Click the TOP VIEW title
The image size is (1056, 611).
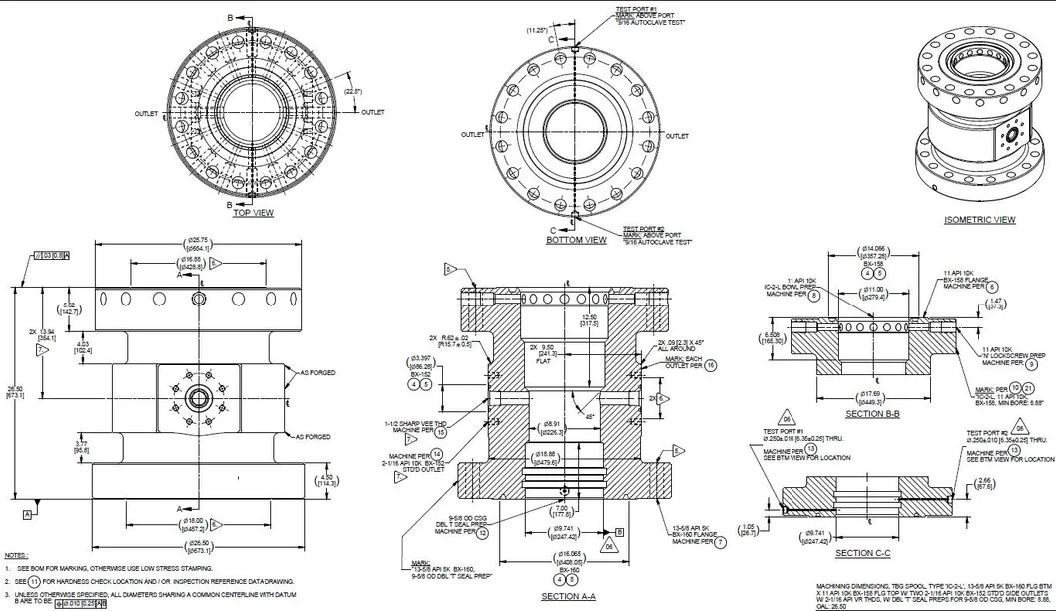click(253, 213)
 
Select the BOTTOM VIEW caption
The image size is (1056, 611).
click(576, 240)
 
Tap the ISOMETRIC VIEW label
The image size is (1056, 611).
click(980, 219)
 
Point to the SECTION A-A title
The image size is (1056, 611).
click(568, 596)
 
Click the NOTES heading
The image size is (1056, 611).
click(15, 555)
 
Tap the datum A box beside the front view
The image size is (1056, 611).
click(28, 515)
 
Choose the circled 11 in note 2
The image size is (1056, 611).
click(35, 580)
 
